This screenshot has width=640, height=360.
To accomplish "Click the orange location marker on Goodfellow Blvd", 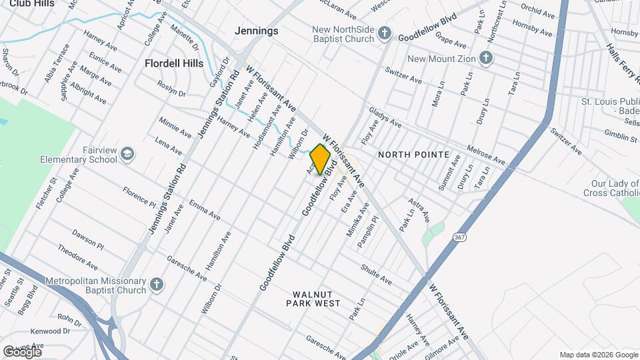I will tap(321, 159).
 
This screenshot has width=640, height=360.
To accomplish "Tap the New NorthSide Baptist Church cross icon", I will tap(384, 33).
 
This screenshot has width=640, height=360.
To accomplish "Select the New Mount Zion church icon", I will tap(486, 58).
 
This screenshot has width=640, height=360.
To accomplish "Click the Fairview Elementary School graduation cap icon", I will tap(127, 155).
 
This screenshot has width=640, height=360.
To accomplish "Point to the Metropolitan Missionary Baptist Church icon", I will tap(156, 285).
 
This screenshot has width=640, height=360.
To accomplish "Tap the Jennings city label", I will tap(256, 31).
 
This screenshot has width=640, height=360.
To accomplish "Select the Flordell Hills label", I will tap(174, 63).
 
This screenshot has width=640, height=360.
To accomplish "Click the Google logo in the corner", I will tap(22, 351).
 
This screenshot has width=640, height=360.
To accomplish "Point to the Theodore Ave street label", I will tap(78, 257).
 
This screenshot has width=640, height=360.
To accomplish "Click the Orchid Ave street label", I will tap(538, 12).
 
